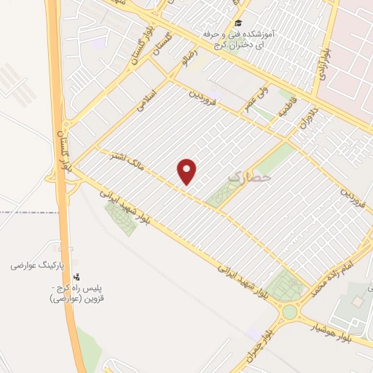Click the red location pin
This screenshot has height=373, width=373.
click(x=188, y=171)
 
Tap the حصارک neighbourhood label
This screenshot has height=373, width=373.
click(x=248, y=176)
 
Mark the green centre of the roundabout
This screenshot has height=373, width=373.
click(x=291, y=313)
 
